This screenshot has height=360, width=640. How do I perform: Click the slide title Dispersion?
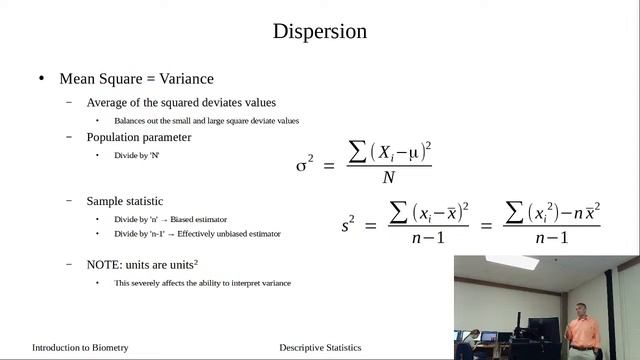coord(320,31)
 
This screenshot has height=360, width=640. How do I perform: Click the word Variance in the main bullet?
coord(182,79)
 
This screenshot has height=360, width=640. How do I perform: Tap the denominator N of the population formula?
coord(388,178)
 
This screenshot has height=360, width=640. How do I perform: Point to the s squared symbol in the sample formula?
coord(347,226)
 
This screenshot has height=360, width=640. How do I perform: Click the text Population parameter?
coord(139,137)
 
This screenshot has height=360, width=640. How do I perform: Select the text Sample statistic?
coord(125,201)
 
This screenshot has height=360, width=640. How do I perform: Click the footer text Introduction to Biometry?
coord(80,348)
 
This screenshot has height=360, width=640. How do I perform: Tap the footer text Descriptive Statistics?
coord(320,348)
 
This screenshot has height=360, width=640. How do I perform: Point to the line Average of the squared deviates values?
coord(181,102)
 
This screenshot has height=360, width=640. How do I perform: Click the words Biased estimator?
coord(205,219)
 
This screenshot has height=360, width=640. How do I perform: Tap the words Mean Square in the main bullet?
coord(98,79)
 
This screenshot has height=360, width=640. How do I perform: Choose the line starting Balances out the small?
coord(206,120)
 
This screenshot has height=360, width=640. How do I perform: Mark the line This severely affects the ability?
coord(202,283)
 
